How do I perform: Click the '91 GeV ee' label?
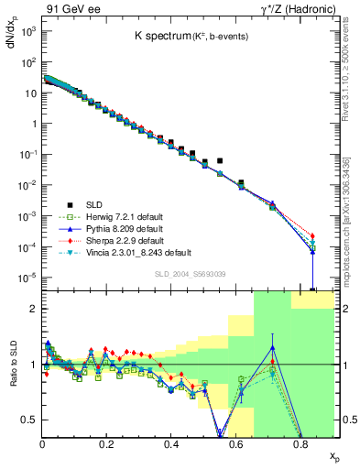tap(68, 8)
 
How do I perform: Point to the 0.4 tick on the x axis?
tap(171, 444)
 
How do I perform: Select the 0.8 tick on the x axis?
tap(300, 444)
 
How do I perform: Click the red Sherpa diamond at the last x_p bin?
tap(312, 236)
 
